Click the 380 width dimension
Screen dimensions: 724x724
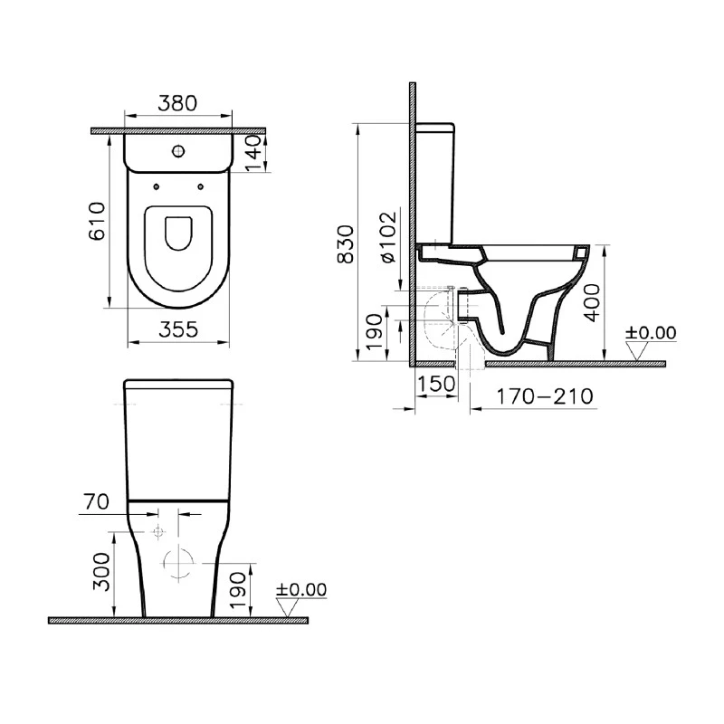pyautogui.click(x=177, y=104)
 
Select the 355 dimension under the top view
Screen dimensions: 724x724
pyautogui.click(x=177, y=330)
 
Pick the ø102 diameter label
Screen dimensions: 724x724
pyautogui.click(x=387, y=237)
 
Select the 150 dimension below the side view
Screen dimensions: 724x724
pyautogui.click(x=438, y=384)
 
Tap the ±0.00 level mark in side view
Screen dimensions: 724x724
pyautogui.click(x=651, y=332)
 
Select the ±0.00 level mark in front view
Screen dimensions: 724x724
pyautogui.click(x=301, y=589)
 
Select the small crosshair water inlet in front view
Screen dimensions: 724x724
pyautogui.click(x=158, y=530)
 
